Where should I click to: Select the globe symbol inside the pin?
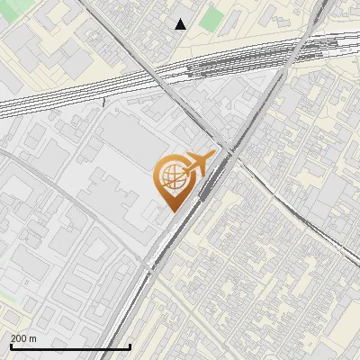tap(172, 176)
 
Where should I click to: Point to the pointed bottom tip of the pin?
tap(172, 210)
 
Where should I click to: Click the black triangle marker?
tap(181, 24)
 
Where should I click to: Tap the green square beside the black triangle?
tap(211, 18)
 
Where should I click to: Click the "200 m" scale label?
tap(23, 338)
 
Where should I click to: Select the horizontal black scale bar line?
tap(70, 346)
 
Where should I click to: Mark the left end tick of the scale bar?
tap(11, 346)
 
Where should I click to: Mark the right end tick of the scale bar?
tap(130, 346)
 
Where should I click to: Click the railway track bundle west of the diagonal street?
tap(72, 90)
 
